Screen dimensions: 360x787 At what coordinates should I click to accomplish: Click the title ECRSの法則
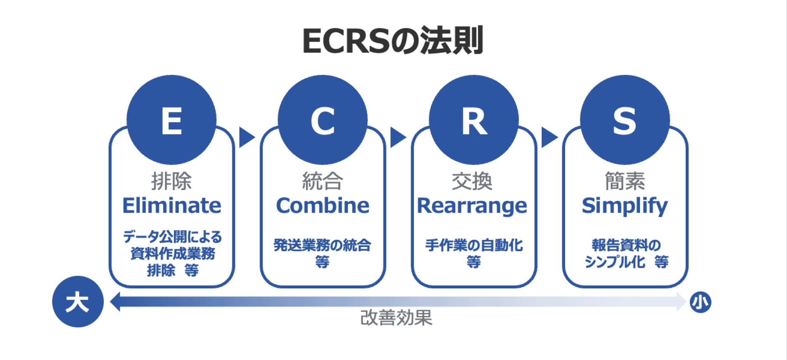393,41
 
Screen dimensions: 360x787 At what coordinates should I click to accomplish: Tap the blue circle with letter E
171,120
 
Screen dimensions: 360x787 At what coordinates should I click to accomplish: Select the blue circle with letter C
322,120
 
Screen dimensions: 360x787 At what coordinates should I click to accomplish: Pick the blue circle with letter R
473,120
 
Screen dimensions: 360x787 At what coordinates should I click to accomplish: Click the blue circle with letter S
625,120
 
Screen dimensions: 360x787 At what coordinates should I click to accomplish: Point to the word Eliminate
172,206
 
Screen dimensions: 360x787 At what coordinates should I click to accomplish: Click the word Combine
322,206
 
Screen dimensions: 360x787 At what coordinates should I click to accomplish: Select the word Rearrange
472,206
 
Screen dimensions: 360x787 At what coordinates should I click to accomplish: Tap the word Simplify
625,206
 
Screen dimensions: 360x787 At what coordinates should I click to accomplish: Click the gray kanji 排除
171,181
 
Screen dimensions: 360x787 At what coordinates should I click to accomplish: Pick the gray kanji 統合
322,181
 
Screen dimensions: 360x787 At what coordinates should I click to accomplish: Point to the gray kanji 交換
472,181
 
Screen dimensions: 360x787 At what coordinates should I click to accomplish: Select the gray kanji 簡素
625,181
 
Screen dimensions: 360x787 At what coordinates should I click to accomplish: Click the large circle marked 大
78,301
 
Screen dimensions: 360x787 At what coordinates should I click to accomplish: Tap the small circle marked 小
700,302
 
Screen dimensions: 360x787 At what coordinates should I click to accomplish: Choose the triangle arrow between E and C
246,137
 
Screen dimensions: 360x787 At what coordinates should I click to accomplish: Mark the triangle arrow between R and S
549,137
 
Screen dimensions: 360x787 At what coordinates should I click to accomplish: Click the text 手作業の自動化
473,245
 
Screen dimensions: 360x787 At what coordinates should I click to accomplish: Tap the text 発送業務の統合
322,245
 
